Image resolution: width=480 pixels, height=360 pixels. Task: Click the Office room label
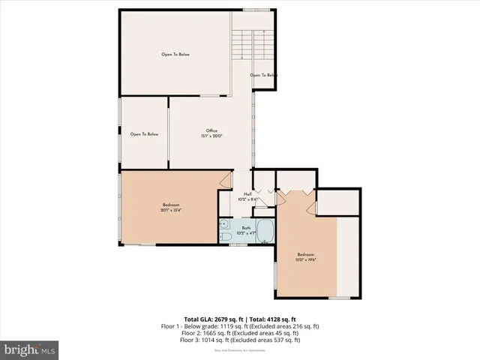pyautogui.click(x=211, y=130)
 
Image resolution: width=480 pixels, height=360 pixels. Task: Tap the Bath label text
pyautogui.click(x=246, y=228)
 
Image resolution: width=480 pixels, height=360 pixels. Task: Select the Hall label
pyautogui.click(x=247, y=194)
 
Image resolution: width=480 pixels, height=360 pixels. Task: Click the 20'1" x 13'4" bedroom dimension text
pyautogui.click(x=171, y=210)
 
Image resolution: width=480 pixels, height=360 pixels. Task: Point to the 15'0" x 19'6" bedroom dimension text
pyautogui.click(x=305, y=260)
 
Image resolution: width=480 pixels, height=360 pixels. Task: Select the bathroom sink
pyautogui.click(x=224, y=223)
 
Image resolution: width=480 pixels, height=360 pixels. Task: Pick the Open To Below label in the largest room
pyautogui.click(x=175, y=54)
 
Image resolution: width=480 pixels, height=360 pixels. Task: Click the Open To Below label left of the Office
pyautogui.click(x=144, y=134)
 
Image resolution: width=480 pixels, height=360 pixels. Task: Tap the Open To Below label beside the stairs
pyautogui.click(x=263, y=75)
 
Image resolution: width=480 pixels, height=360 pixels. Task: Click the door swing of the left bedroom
pyautogui.click(x=225, y=180)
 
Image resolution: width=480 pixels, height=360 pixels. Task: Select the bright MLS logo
pyautogui.click(x=30, y=349)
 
